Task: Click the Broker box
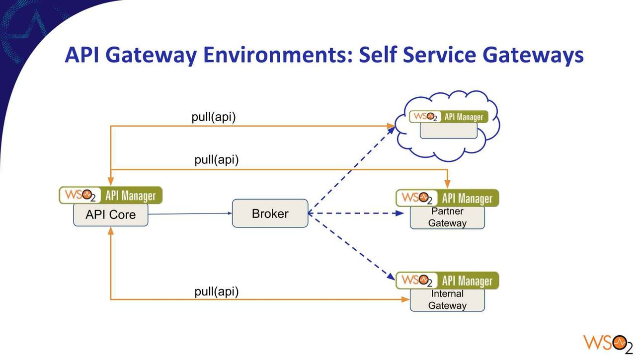(x=270, y=213)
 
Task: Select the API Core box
(x=111, y=215)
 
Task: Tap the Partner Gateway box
(x=447, y=217)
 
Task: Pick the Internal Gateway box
(x=447, y=300)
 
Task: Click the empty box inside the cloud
(x=449, y=131)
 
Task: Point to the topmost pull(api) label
(x=214, y=117)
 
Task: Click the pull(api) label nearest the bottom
(x=217, y=292)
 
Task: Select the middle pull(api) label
(x=217, y=160)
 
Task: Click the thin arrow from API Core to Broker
(x=190, y=214)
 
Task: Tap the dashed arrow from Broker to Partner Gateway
(x=356, y=213)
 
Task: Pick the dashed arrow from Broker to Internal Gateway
(x=352, y=247)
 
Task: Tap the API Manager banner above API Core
(x=111, y=195)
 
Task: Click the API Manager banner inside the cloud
(x=449, y=117)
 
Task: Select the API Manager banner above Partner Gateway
(x=447, y=198)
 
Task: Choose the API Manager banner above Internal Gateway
(x=447, y=281)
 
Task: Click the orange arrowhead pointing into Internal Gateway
(x=405, y=299)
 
